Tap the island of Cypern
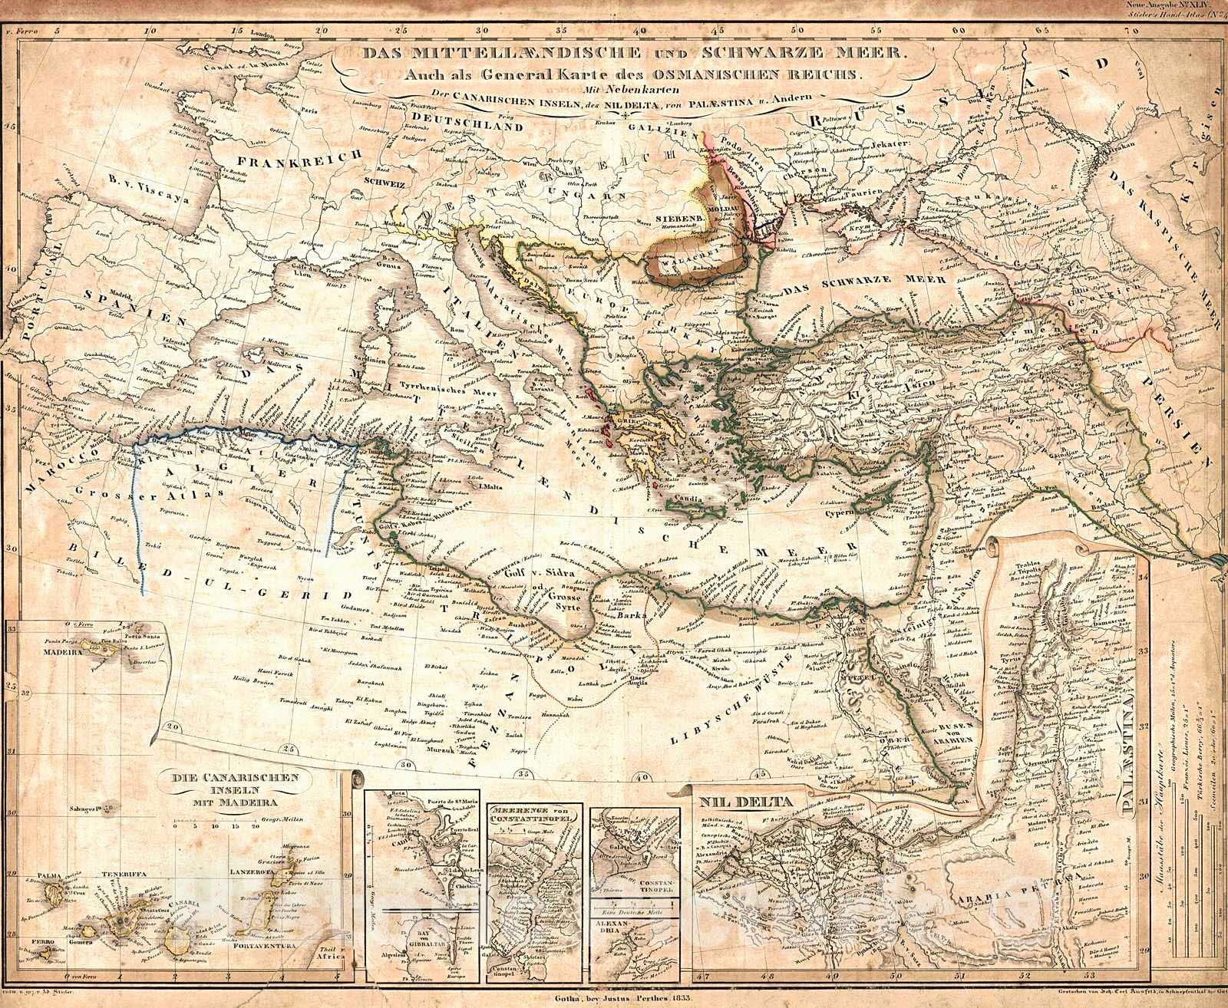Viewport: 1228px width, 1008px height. coord(863,506)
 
